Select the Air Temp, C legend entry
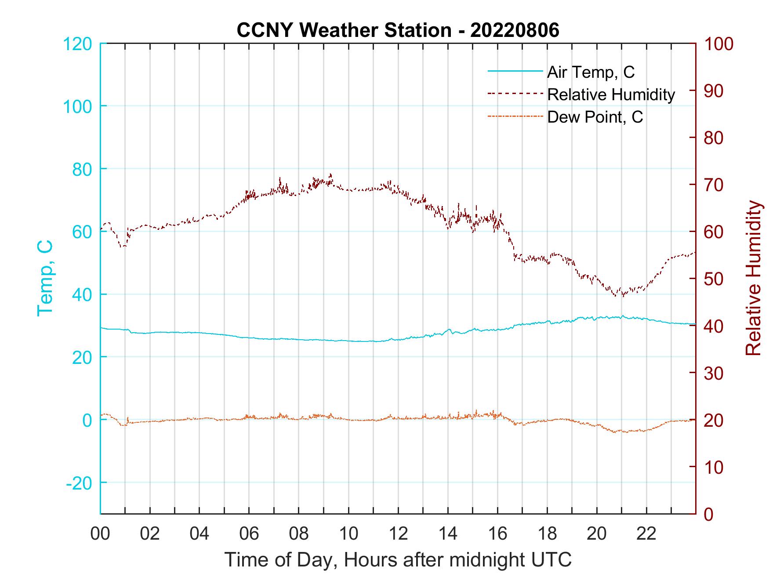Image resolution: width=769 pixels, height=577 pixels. (590, 72)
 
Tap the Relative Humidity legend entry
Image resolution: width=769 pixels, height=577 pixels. (610, 94)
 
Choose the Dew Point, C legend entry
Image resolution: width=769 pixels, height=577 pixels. (595, 117)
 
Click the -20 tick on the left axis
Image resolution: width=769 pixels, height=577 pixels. (79, 483)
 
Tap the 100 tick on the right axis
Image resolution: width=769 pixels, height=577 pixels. (718, 44)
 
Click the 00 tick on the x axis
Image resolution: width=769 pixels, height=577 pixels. (100, 534)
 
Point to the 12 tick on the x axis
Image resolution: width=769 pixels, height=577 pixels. (398, 534)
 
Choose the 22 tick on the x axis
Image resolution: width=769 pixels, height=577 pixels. (646, 534)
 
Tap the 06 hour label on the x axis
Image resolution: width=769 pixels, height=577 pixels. (249, 534)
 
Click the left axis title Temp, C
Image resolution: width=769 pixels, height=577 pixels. (45, 278)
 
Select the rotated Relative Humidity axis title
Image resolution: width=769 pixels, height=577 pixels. (753, 278)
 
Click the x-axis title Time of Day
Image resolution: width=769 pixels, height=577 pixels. (398, 560)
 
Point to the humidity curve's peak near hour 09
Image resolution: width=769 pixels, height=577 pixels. (330, 174)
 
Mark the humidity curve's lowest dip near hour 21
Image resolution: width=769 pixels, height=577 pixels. (623, 296)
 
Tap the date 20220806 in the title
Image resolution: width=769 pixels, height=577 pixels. (515, 30)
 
